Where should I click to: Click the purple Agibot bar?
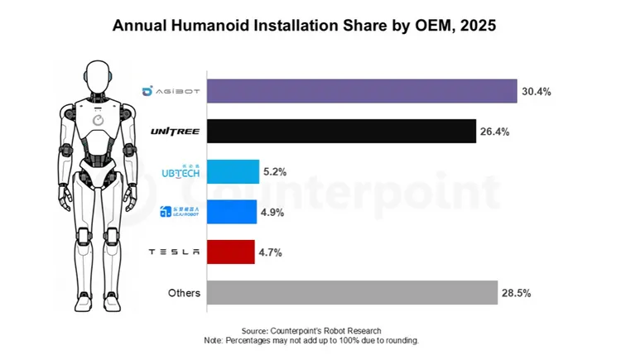(x=361, y=91)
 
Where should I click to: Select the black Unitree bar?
(x=341, y=131)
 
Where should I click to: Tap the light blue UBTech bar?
(x=233, y=171)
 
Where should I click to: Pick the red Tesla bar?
(x=230, y=252)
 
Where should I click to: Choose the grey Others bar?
(x=352, y=292)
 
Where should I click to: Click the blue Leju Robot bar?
(x=231, y=212)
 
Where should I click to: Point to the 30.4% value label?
(x=536, y=91)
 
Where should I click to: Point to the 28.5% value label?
(x=516, y=292)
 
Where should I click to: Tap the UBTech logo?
(x=179, y=171)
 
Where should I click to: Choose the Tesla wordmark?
(x=174, y=252)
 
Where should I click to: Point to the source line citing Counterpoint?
(x=310, y=330)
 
